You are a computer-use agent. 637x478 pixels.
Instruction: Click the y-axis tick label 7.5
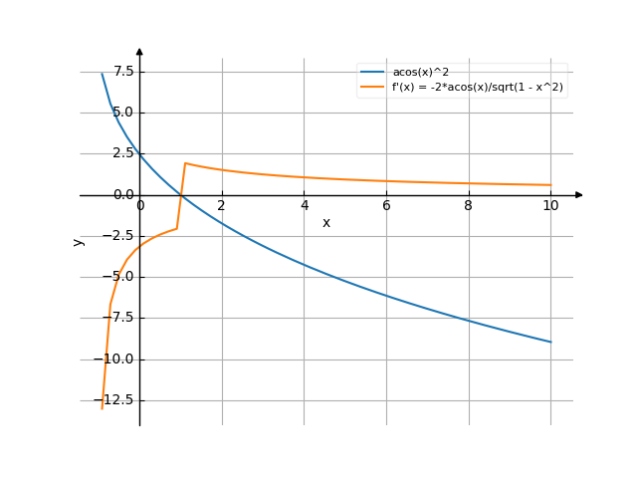(x=124, y=72)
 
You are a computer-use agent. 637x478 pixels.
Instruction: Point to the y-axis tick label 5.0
(x=124, y=113)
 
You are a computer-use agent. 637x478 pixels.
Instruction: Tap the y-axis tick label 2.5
(x=124, y=153)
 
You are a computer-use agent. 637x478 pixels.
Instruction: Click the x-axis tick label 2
(x=222, y=206)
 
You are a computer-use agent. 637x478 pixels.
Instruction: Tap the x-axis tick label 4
(x=304, y=206)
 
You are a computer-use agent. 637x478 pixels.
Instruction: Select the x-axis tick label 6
(x=386, y=206)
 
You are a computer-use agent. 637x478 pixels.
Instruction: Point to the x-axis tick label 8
(x=468, y=206)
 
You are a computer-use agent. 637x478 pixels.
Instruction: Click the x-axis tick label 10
(x=550, y=206)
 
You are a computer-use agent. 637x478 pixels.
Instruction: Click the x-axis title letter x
(x=325, y=223)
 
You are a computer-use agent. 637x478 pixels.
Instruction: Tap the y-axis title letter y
(x=79, y=240)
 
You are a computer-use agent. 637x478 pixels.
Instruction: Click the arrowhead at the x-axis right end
(x=579, y=195)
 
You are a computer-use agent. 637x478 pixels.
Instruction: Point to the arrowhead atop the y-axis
(x=139, y=50)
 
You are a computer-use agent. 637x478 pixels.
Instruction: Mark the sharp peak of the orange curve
(x=185, y=162)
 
